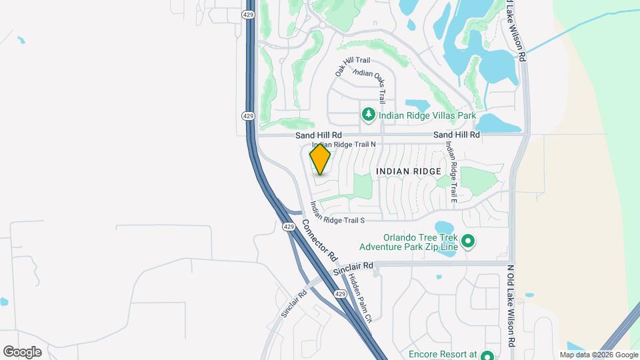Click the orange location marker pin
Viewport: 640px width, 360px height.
321,159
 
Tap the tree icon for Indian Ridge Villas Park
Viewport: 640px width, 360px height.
368,115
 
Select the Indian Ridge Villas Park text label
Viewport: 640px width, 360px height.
427,115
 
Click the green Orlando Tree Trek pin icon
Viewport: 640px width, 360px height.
468,241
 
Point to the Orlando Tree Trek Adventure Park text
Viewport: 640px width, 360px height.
421,243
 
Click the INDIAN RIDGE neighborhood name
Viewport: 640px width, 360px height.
409,171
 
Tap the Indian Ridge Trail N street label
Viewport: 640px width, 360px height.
345,144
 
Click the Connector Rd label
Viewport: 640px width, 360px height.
320,241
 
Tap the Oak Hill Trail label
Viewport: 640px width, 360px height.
351,64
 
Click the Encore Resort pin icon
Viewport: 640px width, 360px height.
487,355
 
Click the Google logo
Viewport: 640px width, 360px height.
22,352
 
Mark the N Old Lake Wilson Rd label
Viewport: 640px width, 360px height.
511,305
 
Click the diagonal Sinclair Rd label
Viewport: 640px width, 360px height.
293,303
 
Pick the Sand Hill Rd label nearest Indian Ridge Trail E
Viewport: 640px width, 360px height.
457,135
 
